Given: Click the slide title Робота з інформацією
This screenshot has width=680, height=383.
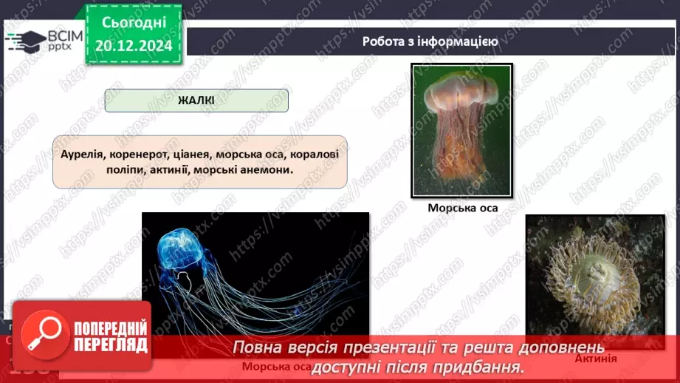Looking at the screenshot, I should [x=430, y=41].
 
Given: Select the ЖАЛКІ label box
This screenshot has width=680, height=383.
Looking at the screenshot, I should [x=196, y=101].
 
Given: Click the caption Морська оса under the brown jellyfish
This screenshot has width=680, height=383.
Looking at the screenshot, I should [x=462, y=208].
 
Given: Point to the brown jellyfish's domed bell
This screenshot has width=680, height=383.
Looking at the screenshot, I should [x=460, y=89].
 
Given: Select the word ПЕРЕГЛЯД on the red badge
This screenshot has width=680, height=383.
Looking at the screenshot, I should [x=109, y=345].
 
